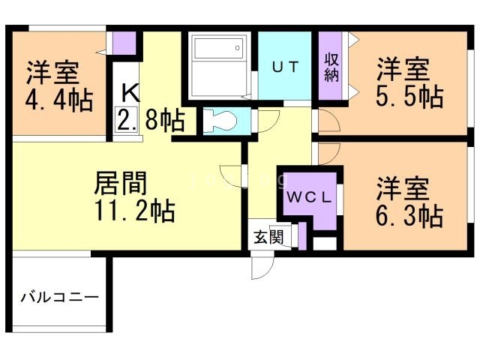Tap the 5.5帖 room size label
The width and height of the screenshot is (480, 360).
409,97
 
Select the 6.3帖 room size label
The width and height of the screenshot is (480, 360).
409,216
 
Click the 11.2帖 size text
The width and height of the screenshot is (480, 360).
134,211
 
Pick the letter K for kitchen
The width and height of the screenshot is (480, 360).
129,93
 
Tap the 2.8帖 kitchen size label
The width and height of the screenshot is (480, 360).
155,120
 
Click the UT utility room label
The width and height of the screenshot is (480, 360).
285,66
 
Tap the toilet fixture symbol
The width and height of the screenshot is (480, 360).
217,121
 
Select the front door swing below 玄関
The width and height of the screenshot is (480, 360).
263,265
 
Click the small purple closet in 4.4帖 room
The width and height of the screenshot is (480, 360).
126,44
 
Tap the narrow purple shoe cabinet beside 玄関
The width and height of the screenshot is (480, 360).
301,236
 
